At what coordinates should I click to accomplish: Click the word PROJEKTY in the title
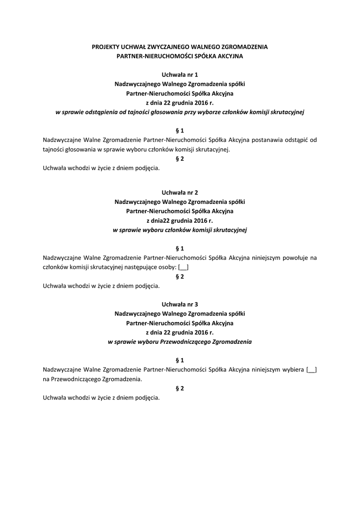pos(105,47)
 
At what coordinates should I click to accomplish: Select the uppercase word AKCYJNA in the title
pos(228,57)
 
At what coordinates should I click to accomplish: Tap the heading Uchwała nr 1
pos(180,74)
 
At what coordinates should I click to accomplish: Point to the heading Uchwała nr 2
pos(180,192)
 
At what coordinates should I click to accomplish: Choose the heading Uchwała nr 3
pos(180,304)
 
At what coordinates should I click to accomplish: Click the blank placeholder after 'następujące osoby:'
pos(183,267)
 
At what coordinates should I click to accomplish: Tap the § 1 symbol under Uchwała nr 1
pos(180,131)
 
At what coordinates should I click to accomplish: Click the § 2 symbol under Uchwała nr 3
pos(180,388)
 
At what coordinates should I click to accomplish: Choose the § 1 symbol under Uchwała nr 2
pos(180,248)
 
